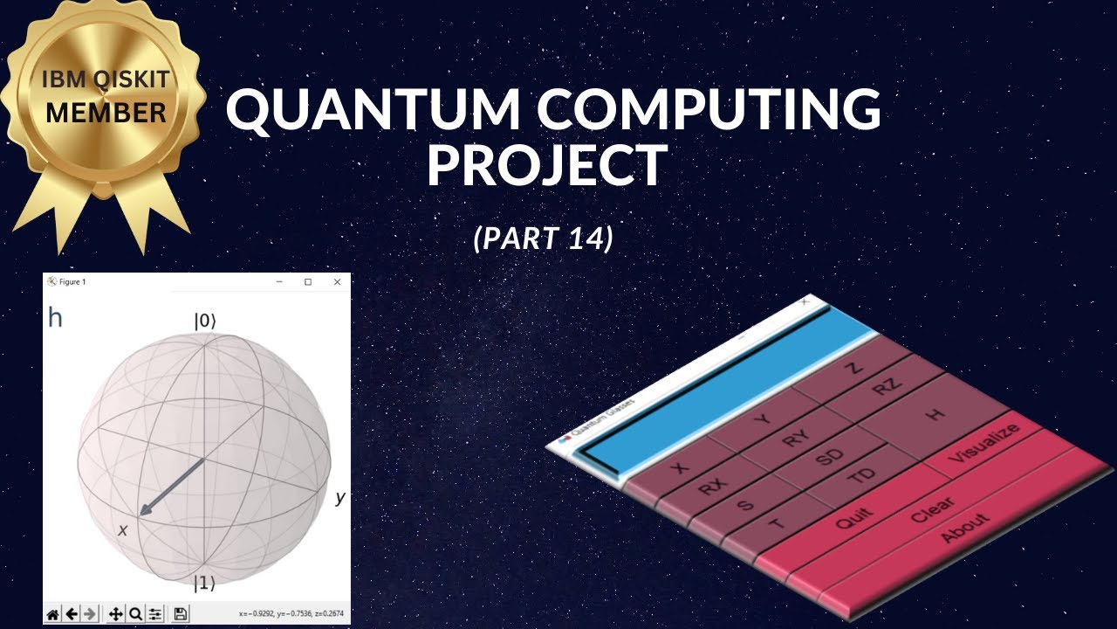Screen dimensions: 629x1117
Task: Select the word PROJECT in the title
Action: [x=547, y=166]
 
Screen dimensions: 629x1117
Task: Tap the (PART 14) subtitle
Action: [x=543, y=238]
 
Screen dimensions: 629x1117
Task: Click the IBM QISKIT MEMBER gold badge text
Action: [x=106, y=98]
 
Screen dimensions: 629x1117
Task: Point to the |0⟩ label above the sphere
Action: [x=204, y=321]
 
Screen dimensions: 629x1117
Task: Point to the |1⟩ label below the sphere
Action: [x=204, y=584]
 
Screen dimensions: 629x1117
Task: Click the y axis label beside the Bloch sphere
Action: [x=340, y=498]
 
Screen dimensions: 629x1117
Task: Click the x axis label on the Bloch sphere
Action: [x=123, y=529]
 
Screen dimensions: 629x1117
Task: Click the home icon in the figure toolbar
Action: [x=53, y=614]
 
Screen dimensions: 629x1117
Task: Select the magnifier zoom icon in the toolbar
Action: [x=135, y=614]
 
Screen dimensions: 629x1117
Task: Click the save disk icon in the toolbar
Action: [x=181, y=614]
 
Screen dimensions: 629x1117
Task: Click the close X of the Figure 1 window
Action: [x=337, y=282]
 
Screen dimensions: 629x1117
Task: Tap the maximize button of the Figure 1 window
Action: [x=308, y=282]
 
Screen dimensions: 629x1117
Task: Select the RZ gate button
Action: [x=887, y=388]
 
